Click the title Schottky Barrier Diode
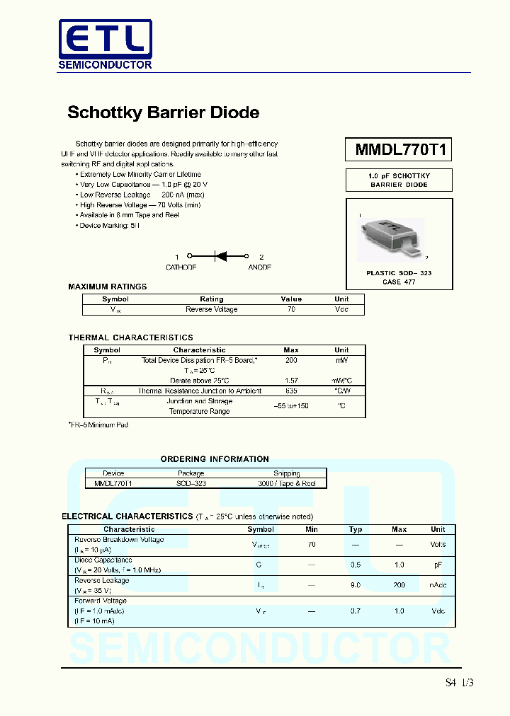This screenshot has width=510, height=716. [163, 112]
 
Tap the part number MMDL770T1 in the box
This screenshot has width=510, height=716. [399, 150]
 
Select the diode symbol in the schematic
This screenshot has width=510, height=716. [219, 257]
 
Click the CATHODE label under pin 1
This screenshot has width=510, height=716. [181, 267]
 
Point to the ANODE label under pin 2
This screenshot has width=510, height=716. [259, 267]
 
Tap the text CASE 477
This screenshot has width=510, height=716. [399, 282]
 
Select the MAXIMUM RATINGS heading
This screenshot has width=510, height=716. [108, 287]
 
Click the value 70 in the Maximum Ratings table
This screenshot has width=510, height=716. [291, 309]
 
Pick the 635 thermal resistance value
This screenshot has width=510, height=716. [291, 391]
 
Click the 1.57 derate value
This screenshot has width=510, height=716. [291, 381]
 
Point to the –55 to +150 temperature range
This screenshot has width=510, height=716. [291, 406]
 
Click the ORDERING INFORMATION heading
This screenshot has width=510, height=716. [215, 459]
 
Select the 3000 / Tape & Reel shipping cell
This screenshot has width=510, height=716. [286, 483]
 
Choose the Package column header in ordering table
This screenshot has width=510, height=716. [191, 473]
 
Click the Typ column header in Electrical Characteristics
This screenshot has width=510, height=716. [356, 529]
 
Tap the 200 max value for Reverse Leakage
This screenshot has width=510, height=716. [399, 585]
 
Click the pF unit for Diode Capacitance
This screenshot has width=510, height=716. [438, 565]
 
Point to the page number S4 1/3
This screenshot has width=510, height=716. [459, 683]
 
